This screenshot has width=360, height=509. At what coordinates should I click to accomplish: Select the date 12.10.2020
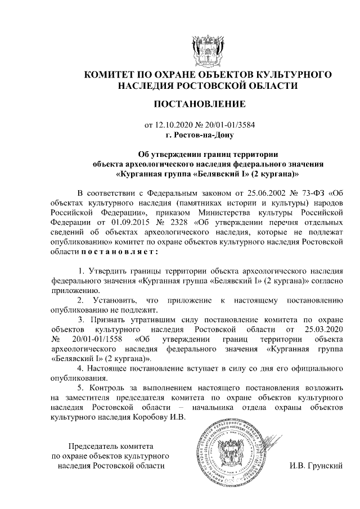click(173, 124)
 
